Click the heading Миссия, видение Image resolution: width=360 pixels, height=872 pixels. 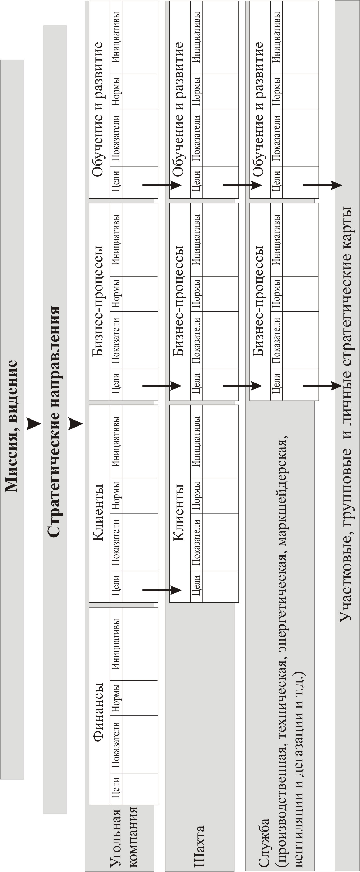point(11,426)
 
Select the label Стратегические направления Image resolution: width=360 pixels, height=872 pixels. point(54,417)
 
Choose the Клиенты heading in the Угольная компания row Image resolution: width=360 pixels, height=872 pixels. point(98,512)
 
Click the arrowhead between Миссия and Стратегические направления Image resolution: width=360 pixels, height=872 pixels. point(34,423)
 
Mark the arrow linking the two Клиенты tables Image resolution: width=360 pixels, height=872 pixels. point(162,590)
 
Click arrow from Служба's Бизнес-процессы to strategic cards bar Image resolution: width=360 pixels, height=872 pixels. point(322,386)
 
